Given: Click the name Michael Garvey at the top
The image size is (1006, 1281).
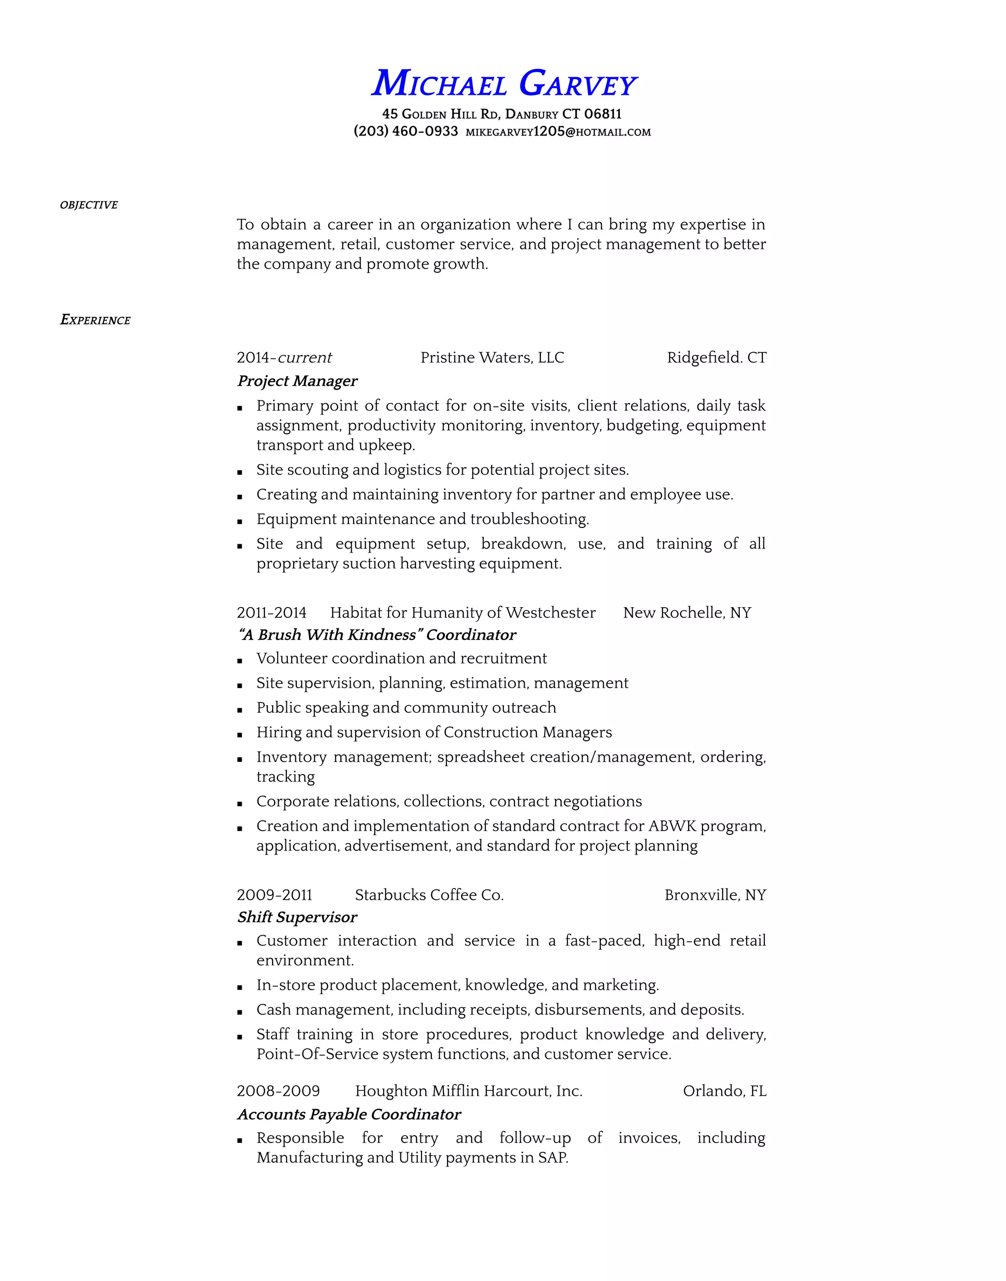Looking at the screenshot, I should [503, 84].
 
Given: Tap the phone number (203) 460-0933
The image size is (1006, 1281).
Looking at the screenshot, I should [406, 131].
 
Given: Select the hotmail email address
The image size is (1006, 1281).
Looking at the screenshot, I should [558, 132].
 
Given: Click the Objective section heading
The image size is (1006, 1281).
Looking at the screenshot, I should [89, 205].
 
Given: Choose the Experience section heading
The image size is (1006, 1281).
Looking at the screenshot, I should [95, 320].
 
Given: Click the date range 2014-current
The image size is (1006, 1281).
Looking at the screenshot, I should [284, 358].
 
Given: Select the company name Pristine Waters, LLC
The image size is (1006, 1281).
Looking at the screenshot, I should [492, 358].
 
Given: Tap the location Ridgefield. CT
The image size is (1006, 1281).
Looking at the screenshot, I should [716, 358].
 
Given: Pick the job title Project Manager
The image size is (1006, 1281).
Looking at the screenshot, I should [298, 381].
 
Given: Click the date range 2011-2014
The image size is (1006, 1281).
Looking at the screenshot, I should [272, 613].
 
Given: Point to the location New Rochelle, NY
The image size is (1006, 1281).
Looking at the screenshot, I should [687, 613].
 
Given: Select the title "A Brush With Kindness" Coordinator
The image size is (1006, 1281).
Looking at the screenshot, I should [377, 635].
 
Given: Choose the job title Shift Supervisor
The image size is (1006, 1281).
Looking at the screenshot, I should [298, 917].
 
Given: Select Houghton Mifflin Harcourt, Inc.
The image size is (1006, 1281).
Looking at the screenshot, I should [469, 1091].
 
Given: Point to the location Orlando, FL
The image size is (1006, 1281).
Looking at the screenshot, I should [725, 1091].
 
